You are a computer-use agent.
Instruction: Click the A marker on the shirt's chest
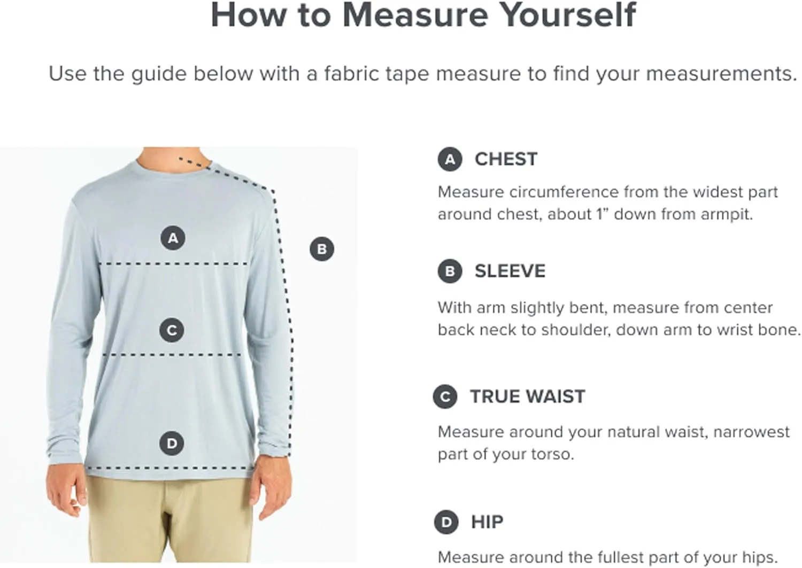173,238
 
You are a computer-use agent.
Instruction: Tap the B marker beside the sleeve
322,249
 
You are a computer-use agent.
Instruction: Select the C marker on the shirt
172,330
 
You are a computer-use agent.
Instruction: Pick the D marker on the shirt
172,443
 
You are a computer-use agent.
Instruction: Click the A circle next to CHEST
450,159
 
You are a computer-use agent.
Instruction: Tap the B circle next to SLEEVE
450,271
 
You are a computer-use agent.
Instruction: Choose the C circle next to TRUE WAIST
445,396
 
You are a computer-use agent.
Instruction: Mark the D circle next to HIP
446,522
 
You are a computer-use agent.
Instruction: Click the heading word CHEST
506,159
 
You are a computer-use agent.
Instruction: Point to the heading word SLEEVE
510,271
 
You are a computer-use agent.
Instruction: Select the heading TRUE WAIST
527,396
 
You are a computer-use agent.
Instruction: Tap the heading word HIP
487,522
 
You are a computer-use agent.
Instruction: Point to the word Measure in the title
415,15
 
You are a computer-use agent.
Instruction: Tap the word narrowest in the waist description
752,432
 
